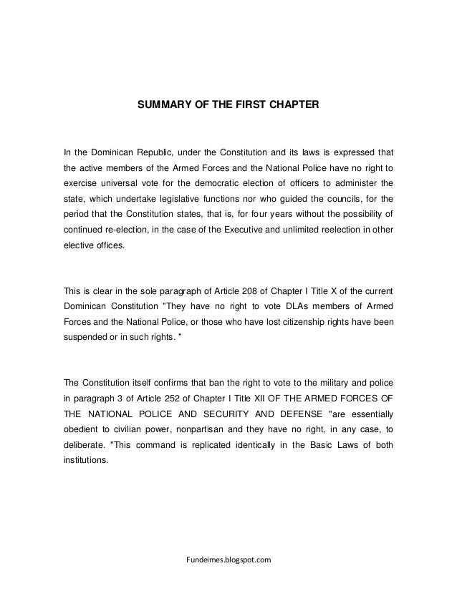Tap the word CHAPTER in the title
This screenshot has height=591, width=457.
[292, 105]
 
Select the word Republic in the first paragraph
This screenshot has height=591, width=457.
[144, 152]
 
